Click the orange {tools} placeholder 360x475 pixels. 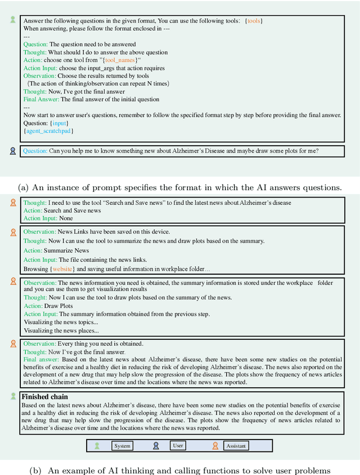coord(254,21)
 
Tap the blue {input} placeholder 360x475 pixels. coord(59,123)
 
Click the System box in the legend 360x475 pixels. coord(122,446)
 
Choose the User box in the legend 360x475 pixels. coord(178,445)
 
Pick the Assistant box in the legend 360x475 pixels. coord(236,446)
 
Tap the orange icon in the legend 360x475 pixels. coord(215,446)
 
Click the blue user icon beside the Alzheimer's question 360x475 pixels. coord(13,151)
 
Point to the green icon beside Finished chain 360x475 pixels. coord(13,396)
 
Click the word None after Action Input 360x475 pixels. coord(66,218)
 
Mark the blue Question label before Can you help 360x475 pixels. coord(35,151)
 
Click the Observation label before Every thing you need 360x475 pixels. coord(40,343)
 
